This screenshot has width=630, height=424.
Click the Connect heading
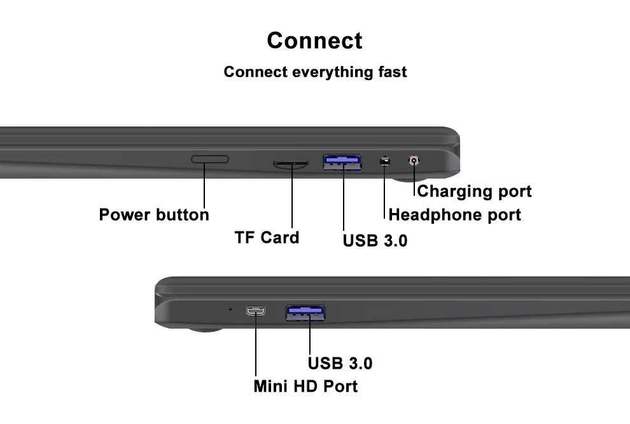click(314, 40)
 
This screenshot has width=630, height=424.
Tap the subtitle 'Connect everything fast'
click(315, 72)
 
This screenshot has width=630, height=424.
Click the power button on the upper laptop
click(210, 158)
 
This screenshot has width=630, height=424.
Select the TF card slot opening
click(291, 164)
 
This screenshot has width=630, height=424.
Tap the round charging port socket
click(415, 160)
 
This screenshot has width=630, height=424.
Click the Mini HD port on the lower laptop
click(256, 311)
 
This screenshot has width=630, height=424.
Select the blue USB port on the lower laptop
click(305, 311)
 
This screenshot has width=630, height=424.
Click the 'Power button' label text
click(154, 215)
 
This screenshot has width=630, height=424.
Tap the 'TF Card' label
click(267, 238)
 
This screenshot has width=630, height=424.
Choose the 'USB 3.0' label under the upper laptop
click(375, 241)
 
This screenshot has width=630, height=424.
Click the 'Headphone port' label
click(454, 215)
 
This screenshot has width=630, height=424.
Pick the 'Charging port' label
click(474, 191)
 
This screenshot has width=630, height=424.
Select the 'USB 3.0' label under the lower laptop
click(340, 364)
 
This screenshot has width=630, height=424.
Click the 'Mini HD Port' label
click(305, 386)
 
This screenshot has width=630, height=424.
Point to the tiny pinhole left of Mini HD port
click(230, 310)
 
